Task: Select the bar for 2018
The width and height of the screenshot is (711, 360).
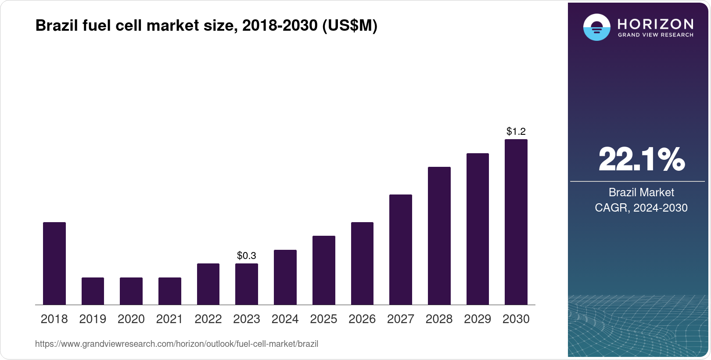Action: point(54,263)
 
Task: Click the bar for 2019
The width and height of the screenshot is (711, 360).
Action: point(93,291)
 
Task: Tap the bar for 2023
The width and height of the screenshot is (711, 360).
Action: point(247,284)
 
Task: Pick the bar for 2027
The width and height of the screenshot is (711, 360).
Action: point(400,249)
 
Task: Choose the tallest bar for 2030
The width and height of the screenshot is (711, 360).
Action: point(516,222)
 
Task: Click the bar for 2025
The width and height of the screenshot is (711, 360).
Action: point(323,270)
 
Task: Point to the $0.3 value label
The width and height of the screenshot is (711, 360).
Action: point(247,256)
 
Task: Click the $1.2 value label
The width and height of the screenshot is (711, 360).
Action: point(516,131)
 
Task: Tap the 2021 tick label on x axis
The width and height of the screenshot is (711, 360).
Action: point(169,319)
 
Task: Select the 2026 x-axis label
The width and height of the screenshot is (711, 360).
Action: point(362,319)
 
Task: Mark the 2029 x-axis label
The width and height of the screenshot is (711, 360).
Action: point(477,319)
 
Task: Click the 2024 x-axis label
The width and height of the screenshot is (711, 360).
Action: point(285,319)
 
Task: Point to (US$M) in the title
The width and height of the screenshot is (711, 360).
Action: point(349,26)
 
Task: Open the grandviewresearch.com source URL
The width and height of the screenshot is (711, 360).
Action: point(176,344)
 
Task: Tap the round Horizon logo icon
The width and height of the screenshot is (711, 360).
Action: point(596,27)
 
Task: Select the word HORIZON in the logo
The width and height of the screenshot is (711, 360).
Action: point(655,24)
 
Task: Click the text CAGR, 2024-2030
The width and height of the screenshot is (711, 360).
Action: point(641,208)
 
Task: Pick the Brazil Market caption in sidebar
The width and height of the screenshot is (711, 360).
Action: point(641,192)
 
